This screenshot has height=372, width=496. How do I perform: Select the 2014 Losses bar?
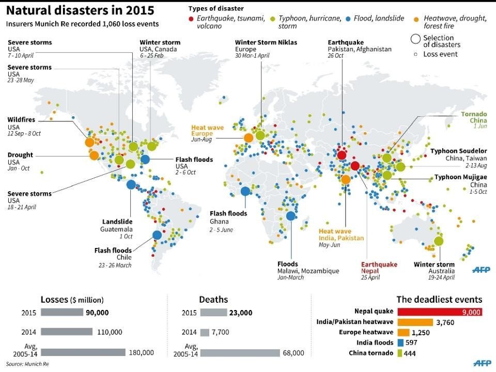67,332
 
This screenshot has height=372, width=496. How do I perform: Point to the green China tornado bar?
399,353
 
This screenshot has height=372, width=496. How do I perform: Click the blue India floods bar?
400,343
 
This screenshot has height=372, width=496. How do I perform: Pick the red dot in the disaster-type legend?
192,18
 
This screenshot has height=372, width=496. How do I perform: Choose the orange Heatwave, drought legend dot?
416,18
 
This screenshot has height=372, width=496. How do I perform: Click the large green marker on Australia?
439,241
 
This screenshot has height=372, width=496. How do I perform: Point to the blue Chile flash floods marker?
157,235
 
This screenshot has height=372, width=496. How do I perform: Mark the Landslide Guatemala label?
117,222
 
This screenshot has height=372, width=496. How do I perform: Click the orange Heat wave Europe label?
208,130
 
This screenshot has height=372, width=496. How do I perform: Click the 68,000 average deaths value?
292,352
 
